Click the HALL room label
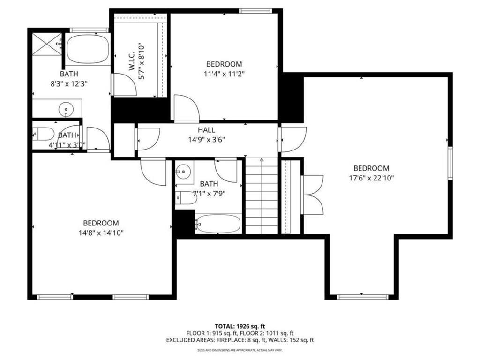tap(206, 130)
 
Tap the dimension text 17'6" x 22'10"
tap(371, 178)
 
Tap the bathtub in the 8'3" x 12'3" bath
tap(88, 49)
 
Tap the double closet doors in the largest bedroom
tap(313, 195)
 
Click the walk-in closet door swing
tap(124, 85)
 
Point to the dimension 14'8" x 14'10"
tap(101, 232)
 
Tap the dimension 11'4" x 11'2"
tap(224, 73)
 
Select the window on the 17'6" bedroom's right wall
tap(450, 163)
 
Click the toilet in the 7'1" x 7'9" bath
tap(187, 198)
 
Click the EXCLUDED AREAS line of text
tap(240, 340)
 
